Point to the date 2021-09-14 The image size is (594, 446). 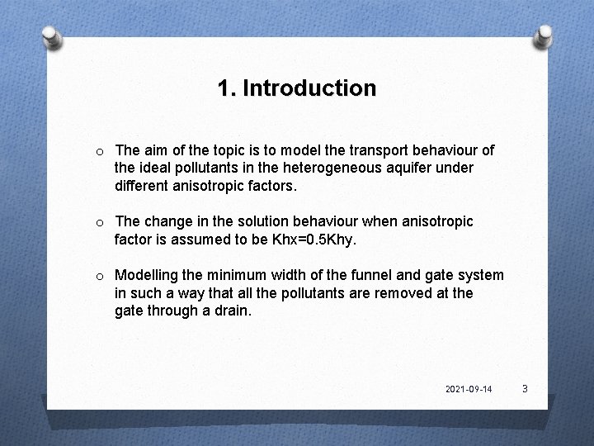(x=469, y=388)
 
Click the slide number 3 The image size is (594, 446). (x=524, y=387)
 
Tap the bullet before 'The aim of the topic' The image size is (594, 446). (x=99, y=151)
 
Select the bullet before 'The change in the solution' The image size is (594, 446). (x=99, y=222)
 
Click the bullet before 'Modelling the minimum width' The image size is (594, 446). (x=99, y=276)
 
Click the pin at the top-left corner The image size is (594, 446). (x=51, y=36)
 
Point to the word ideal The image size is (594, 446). (x=156, y=168)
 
